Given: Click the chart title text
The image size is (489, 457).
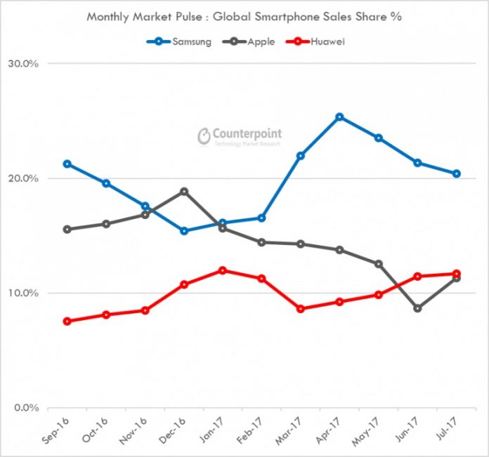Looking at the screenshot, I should pos(244,16).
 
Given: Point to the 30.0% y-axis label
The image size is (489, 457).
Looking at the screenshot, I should pos(23,64).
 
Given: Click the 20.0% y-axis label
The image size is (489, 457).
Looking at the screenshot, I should pos(23,178).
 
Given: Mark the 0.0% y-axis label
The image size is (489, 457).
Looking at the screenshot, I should pos(26,408).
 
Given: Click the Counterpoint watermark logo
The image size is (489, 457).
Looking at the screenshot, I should pos(239,135).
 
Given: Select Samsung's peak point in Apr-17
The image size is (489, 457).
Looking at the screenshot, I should pos(339,117).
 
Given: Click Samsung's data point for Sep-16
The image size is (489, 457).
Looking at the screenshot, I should pos(67,164).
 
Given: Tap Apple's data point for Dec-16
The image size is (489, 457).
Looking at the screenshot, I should pos(184,191).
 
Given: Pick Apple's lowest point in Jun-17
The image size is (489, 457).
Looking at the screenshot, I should pos(417,308).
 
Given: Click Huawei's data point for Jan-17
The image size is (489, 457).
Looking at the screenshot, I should pos(223,270).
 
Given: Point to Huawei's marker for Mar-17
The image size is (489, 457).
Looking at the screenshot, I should pos(301,309).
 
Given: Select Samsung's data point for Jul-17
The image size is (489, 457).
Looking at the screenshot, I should pos(456,173).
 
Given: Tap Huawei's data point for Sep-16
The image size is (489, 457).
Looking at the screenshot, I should pos(67,322).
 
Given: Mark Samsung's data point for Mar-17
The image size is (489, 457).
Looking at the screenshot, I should pos(301,156).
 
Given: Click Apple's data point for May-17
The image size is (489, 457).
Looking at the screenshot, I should pos(379,264).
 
